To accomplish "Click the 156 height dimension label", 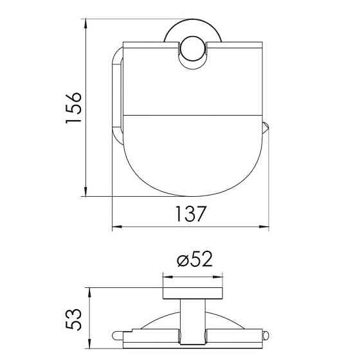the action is point(73,108).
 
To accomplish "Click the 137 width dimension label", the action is point(190,213).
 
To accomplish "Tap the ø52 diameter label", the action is point(195,259).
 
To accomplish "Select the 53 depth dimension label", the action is point(73,319).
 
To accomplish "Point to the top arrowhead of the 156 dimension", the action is point(85,24).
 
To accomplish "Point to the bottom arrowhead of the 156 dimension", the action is point(85,192).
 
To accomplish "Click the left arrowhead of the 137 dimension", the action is point(117,227).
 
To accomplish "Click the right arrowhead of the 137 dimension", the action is point(264,227).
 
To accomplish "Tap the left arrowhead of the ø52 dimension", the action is point(168,277).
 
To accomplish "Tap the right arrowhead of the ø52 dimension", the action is point(218,277).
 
